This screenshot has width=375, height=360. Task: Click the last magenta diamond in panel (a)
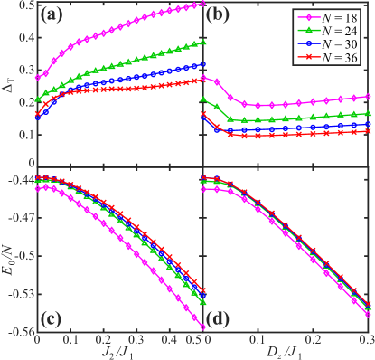tap(203, 4)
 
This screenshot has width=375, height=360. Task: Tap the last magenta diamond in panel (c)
tap(203, 327)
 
